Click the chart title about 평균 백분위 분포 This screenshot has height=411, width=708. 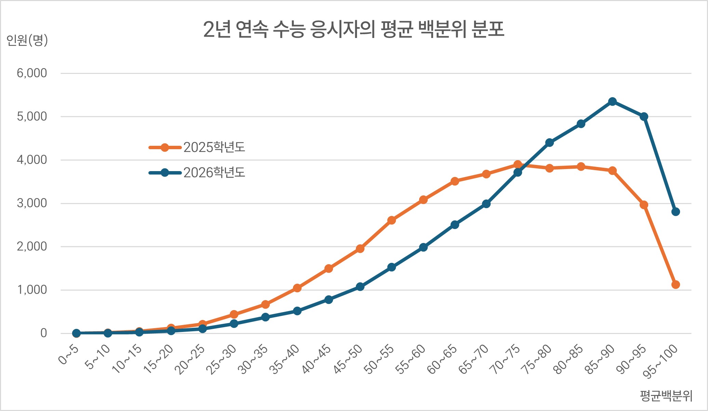click(353, 30)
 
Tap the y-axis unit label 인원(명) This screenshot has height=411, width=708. click(27, 40)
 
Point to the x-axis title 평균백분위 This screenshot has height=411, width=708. click(666, 396)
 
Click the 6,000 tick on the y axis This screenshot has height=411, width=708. click(32, 73)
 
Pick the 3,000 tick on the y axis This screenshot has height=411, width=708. click(32, 203)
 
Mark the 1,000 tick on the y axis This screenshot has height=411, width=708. click(32, 290)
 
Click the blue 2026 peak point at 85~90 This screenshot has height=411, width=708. click(612, 102)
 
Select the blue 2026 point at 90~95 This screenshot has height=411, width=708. click(644, 117)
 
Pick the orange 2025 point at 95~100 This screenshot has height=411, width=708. click(676, 285)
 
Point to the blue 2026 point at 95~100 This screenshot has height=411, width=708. click(676, 212)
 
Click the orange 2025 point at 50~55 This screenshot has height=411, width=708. click(392, 220)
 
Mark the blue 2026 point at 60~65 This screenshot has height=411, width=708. click(455, 225)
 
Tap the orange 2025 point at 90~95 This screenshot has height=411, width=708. click(644, 205)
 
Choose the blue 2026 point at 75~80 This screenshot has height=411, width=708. click(549, 143)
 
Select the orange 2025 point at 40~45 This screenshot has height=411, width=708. click(329, 269)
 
